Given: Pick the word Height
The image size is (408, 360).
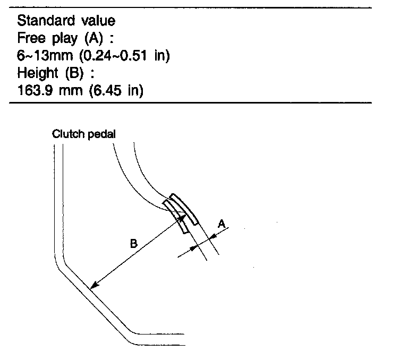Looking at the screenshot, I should tap(37, 73).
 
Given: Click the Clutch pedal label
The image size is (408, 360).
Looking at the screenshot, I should tap(83, 134).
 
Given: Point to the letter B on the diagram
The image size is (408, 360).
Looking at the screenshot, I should tap(134, 244).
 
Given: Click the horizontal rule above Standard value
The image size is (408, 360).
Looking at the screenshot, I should tap(191, 7).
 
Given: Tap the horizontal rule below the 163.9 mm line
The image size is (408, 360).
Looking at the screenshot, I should tap(191, 102).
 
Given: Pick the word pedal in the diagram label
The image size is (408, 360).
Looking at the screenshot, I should tap(102, 134).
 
